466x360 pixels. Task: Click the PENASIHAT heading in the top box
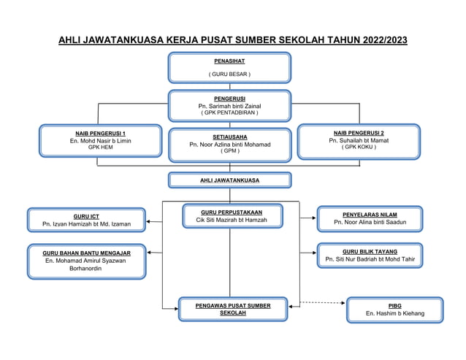click(x=229, y=61)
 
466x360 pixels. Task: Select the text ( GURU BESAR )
click(x=229, y=74)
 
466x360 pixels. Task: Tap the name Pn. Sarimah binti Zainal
click(x=229, y=106)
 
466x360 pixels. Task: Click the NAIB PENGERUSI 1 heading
click(x=100, y=133)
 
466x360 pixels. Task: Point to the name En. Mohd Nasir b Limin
click(x=100, y=140)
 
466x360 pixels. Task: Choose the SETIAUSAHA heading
click(x=229, y=137)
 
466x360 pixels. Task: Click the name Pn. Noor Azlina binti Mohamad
click(x=229, y=145)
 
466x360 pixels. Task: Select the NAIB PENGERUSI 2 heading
click(x=358, y=132)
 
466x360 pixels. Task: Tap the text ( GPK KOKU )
click(x=358, y=147)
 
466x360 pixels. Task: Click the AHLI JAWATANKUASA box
click(x=229, y=180)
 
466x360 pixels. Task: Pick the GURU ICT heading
click(x=86, y=216)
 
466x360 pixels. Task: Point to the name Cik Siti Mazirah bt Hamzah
click(x=231, y=220)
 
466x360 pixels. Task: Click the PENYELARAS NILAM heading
click(x=370, y=215)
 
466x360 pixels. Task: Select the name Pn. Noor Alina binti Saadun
click(x=370, y=223)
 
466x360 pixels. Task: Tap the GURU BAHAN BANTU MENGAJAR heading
click(x=86, y=253)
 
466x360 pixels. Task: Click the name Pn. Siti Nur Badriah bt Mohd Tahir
click(x=370, y=259)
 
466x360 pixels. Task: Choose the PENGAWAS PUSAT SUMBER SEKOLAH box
click(x=232, y=309)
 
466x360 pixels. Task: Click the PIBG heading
click(x=394, y=306)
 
